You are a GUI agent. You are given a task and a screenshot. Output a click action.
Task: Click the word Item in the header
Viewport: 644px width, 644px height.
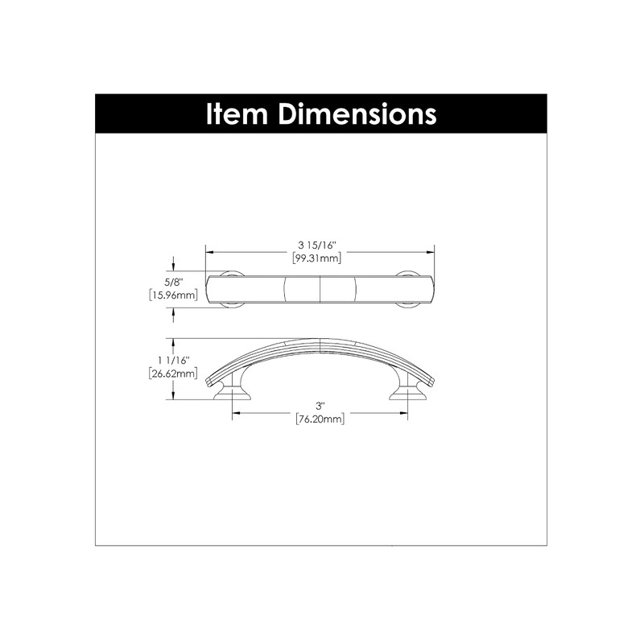point(237,114)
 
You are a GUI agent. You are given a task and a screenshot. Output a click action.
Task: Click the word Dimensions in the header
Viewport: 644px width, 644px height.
point(357,114)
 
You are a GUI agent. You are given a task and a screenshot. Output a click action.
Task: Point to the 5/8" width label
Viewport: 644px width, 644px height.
point(174,283)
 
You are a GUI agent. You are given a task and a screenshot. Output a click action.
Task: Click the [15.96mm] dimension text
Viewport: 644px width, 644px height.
point(174,295)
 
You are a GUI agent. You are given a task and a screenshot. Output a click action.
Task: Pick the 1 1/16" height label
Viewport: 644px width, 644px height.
point(174,360)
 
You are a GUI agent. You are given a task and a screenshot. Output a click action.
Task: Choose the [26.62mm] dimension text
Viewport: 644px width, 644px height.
point(174,373)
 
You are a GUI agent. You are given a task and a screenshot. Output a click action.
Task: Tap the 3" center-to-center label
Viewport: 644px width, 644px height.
point(321,407)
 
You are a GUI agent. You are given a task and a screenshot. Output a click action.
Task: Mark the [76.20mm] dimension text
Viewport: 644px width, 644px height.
point(321,419)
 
